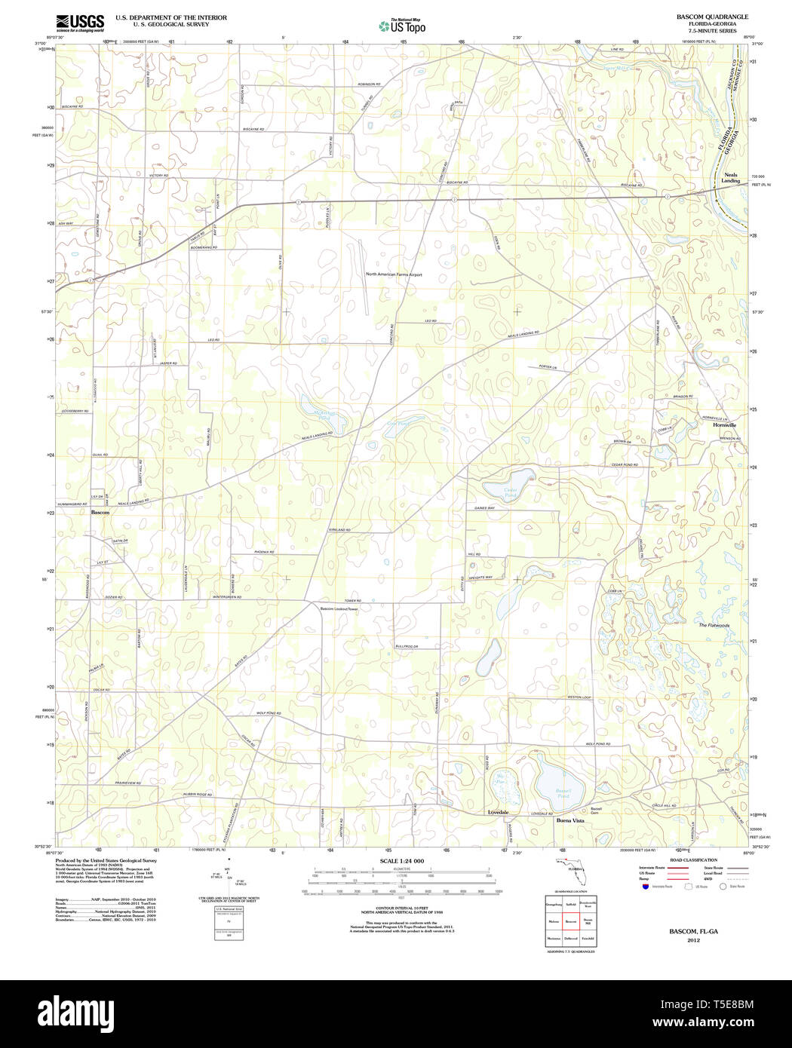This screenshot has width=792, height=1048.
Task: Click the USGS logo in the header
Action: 80,23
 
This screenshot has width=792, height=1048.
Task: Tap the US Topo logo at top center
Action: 402,26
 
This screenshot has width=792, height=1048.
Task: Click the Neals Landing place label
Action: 730,178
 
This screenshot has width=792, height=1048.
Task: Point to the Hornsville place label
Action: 724,425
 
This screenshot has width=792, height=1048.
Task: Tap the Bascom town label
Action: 100,512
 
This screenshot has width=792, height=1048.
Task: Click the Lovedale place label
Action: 498,812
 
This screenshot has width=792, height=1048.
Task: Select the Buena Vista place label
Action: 569,820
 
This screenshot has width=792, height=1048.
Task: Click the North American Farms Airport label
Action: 394,274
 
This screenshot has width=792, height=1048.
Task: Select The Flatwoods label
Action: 714,625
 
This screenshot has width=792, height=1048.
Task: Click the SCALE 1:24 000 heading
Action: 401,861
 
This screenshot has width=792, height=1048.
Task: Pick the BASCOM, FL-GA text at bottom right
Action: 693,931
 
